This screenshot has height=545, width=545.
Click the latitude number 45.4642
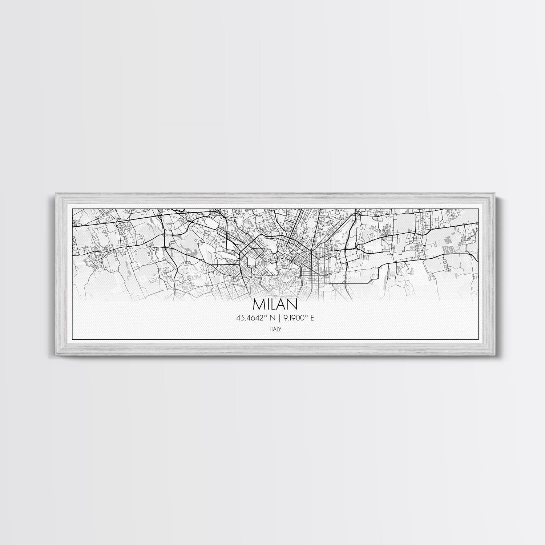pyautogui.click(x=250, y=318)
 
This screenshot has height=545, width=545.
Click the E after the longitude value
pyautogui.click(x=311, y=318)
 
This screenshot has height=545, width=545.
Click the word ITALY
pyautogui.click(x=275, y=329)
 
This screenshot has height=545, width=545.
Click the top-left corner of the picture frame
pyautogui.click(x=54, y=193)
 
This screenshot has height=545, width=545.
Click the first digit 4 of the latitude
pyautogui.click(x=238, y=318)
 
